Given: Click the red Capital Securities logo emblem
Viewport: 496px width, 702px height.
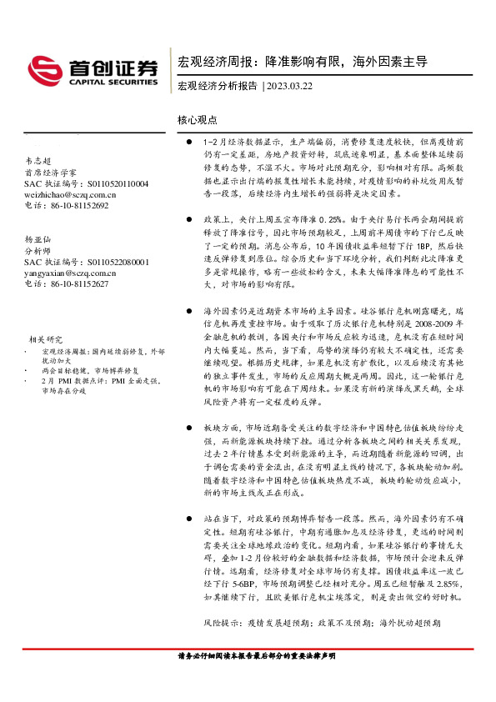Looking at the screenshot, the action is (43, 70).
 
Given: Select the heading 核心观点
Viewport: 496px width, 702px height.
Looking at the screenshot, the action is (197, 120).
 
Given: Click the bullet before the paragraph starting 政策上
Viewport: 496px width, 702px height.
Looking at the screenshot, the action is (191, 218).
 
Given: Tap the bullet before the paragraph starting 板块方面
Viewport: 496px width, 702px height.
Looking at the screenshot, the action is (191, 426).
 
